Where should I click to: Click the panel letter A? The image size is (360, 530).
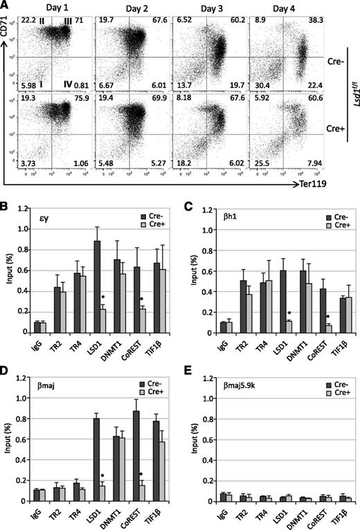click(x=6, y=6)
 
